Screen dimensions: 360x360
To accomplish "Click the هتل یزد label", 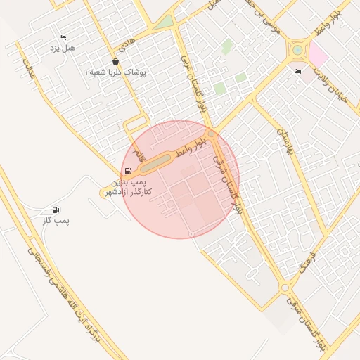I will [63, 48].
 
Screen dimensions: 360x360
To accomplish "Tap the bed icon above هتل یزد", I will [63, 38].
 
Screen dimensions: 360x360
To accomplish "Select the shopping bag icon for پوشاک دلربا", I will [115, 61].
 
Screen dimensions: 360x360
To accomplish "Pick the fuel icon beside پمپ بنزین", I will [127, 171].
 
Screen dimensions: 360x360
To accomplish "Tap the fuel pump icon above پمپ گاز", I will [56, 210].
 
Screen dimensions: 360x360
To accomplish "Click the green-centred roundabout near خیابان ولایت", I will [298, 50].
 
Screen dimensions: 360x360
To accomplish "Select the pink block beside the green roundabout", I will [319, 55].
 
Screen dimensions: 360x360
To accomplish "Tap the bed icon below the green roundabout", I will [297, 71].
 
